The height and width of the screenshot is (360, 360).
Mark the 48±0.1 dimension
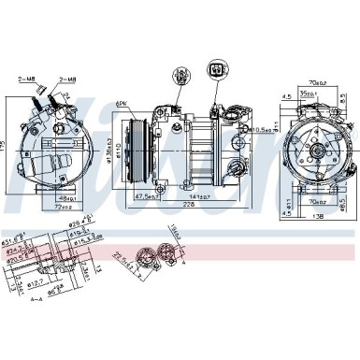66,199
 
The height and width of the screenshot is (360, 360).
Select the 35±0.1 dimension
322,94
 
